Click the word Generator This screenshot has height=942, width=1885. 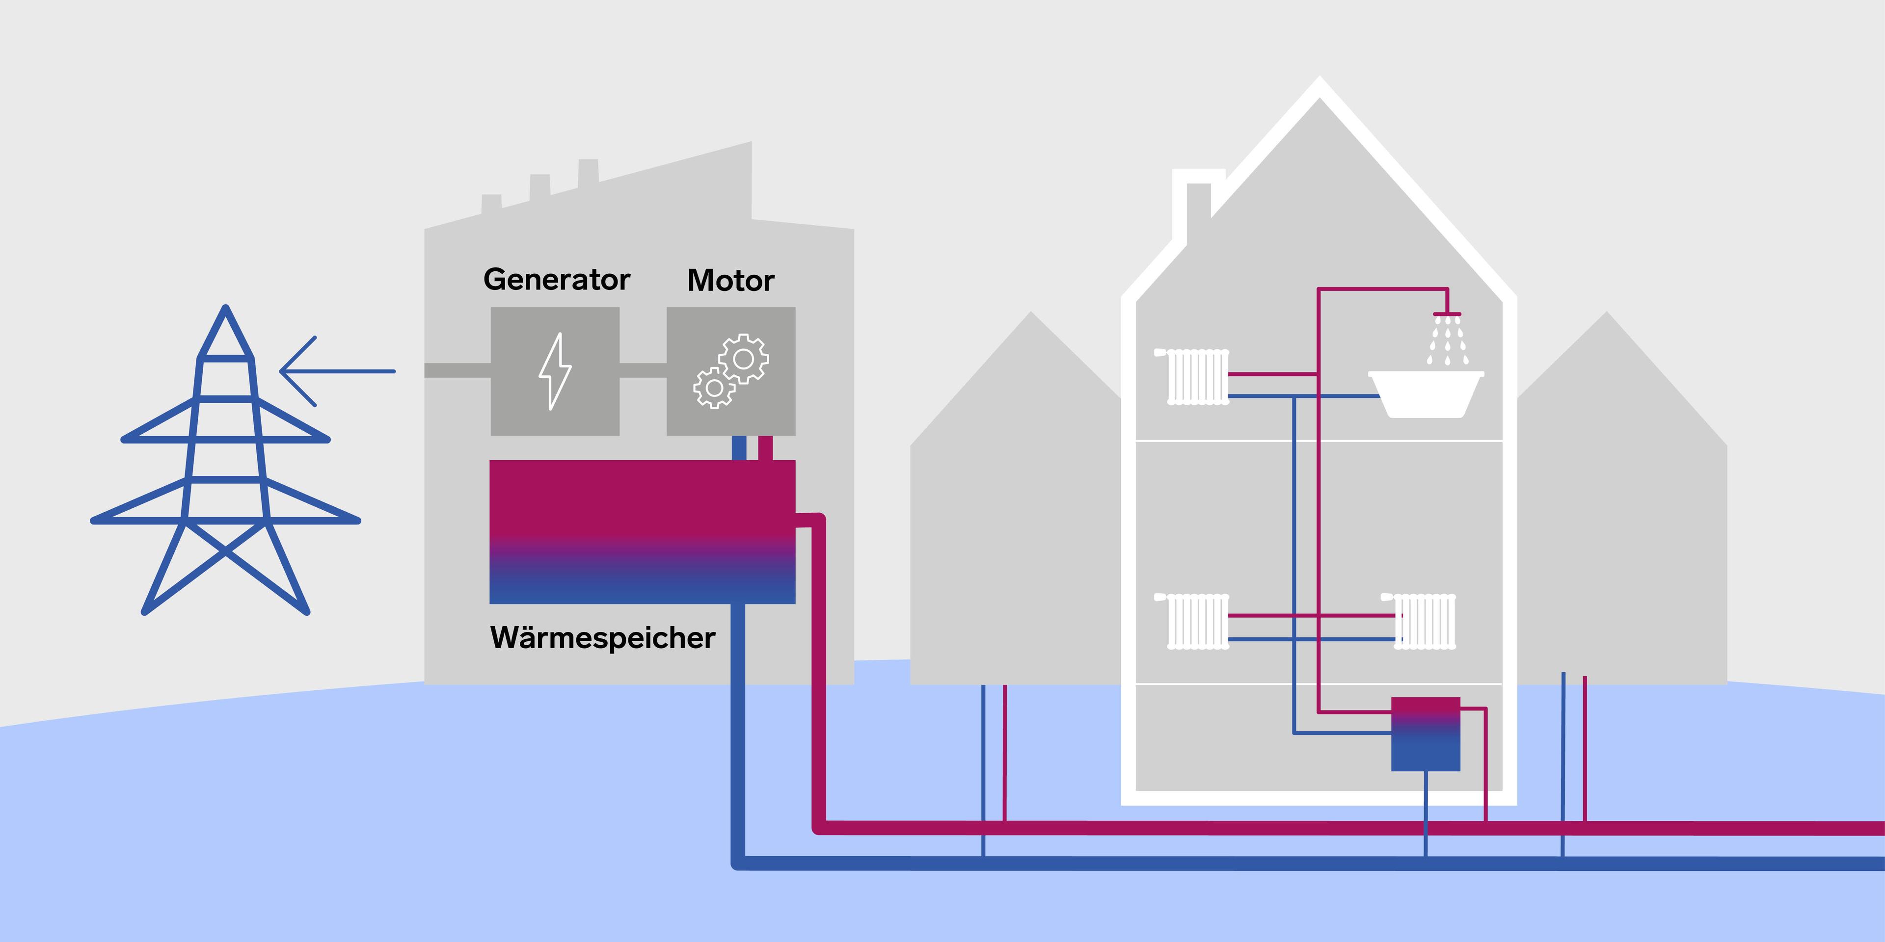(556, 280)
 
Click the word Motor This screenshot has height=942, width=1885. (730, 281)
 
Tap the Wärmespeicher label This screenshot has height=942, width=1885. (602, 638)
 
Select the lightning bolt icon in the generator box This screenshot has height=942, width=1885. (555, 371)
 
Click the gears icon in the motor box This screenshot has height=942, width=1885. (731, 371)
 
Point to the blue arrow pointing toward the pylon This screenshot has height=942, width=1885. (337, 371)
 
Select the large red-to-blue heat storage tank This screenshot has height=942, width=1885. (642, 532)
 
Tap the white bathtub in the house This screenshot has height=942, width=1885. (1426, 395)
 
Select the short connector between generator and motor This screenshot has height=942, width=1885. (643, 371)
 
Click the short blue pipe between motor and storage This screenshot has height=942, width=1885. (739, 447)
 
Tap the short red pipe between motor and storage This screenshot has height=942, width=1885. (765, 447)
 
